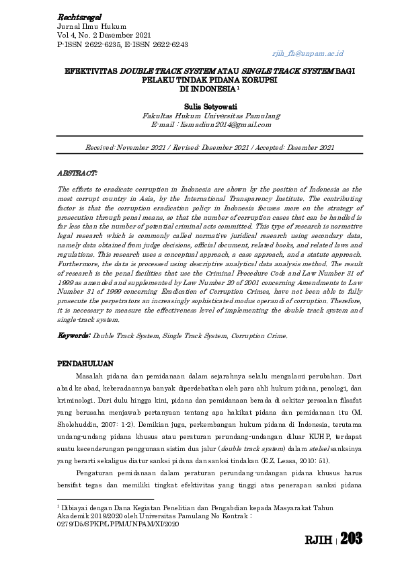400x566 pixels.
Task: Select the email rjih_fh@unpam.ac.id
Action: coord(307,52)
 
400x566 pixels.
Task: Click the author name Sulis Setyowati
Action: coord(201,106)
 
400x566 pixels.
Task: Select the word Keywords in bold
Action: coord(74,335)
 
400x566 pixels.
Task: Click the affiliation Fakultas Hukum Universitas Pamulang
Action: coord(201,116)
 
